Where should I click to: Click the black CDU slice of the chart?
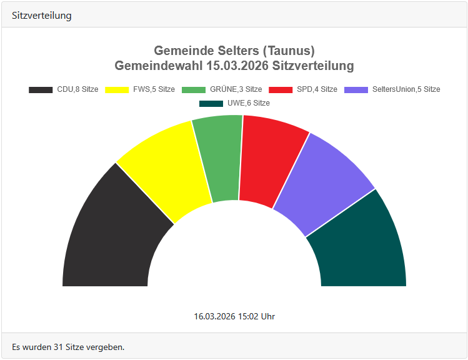point(112,237)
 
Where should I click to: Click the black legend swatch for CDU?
point(41,89)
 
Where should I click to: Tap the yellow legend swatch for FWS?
point(117,89)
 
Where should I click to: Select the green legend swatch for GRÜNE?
point(194,89)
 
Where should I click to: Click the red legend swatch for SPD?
point(281,89)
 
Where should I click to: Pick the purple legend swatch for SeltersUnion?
point(356,89)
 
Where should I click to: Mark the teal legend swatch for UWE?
point(211,103)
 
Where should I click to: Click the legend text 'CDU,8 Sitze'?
point(77,89)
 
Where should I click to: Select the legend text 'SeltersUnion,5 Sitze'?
point(406,89)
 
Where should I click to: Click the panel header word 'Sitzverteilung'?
point(41,16)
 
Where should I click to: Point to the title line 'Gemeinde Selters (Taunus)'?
point(234,51)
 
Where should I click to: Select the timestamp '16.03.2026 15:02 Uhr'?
point(234,316)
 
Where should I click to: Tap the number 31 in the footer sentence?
point(58,346)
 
